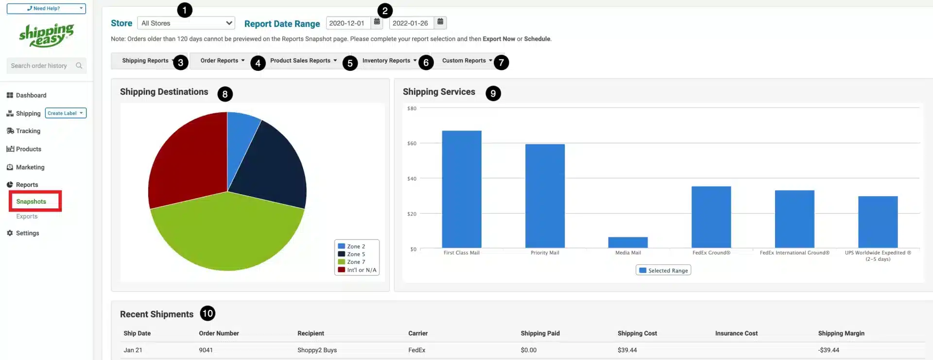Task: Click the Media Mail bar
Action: coord(628,242)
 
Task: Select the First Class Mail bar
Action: coord(462,189)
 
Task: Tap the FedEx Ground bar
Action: coord(711,217)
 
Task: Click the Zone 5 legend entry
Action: coord(356,254)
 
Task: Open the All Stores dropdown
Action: coord(186,23)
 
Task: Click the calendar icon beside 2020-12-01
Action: coord(377,22)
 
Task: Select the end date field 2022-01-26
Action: coord(411,23)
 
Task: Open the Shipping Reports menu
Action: coord(145,61)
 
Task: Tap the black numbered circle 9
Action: coord(493,93)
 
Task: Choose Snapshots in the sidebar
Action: coord(31,202)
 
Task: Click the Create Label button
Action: coord(66,113)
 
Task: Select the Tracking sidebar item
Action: coord(28,131)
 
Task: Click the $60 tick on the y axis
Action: coord(412,143)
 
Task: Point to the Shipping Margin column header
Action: coord(841,333)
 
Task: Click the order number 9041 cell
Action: coord(206,350)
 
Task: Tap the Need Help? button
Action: coord(46,8)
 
